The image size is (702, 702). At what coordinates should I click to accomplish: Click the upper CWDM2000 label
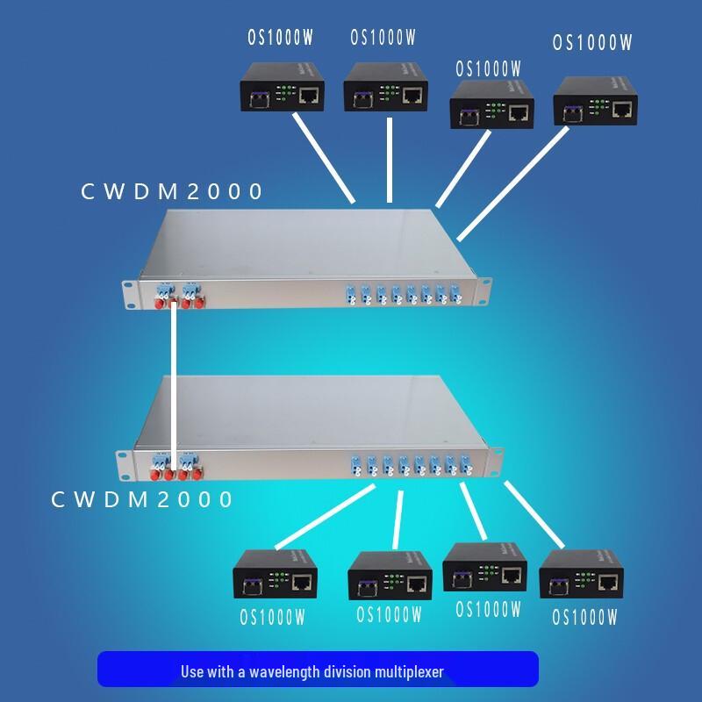click(172, 190)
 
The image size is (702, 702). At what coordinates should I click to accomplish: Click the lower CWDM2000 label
click(142, 499)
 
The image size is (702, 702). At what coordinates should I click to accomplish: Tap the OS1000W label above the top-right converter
click(592, 42)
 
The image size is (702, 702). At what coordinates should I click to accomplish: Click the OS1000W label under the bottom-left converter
click(273, 617)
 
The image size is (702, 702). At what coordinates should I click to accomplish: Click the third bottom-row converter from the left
click(485, 568)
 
